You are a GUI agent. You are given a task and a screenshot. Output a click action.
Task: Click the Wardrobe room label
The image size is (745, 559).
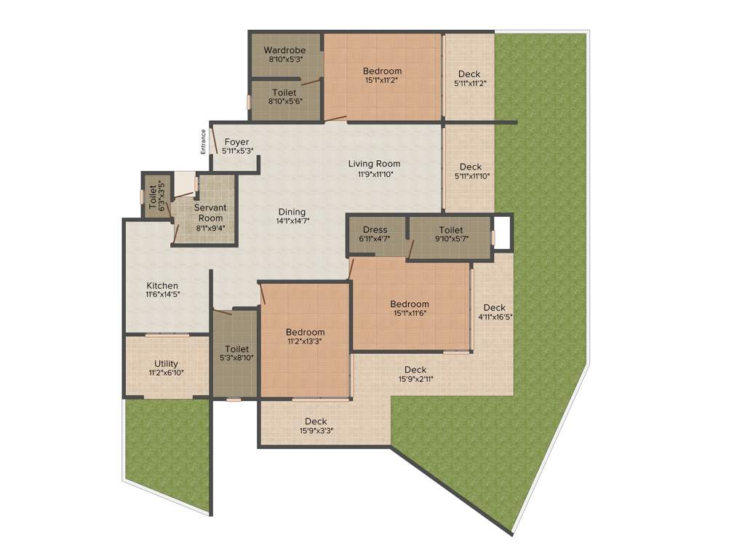point(284,49)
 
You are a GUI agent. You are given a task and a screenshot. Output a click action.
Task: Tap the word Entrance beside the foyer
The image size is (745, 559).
point(204,142)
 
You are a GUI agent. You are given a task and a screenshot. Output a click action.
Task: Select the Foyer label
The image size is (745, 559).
point(236,142)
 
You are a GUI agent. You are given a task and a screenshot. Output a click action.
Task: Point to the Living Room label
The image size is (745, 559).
point(374,164)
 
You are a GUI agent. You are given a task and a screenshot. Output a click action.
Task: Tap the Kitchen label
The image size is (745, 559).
point(162,285)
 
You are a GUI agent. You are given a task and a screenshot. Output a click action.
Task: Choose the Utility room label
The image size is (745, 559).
point(166,364)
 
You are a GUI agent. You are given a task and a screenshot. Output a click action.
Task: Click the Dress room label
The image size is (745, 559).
point(375,230)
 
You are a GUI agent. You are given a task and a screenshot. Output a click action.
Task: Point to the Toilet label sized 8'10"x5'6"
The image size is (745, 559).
point(284,93)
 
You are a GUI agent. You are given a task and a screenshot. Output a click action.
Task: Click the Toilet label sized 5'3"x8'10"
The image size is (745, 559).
point(237,349)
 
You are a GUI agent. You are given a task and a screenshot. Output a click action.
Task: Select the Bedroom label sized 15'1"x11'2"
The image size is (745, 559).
point(383,71)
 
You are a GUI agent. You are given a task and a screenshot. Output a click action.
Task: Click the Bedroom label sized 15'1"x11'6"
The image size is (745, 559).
point(410,304)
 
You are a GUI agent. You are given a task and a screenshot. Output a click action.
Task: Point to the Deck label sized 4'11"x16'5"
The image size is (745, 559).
point(495,307)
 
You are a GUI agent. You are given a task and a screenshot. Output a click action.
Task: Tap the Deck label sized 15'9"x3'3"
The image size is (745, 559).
point(316,421)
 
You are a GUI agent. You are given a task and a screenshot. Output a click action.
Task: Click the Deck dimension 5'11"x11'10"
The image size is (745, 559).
point(471,175)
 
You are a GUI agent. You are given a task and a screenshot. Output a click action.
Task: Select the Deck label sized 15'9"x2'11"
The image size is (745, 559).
point(415,370)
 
